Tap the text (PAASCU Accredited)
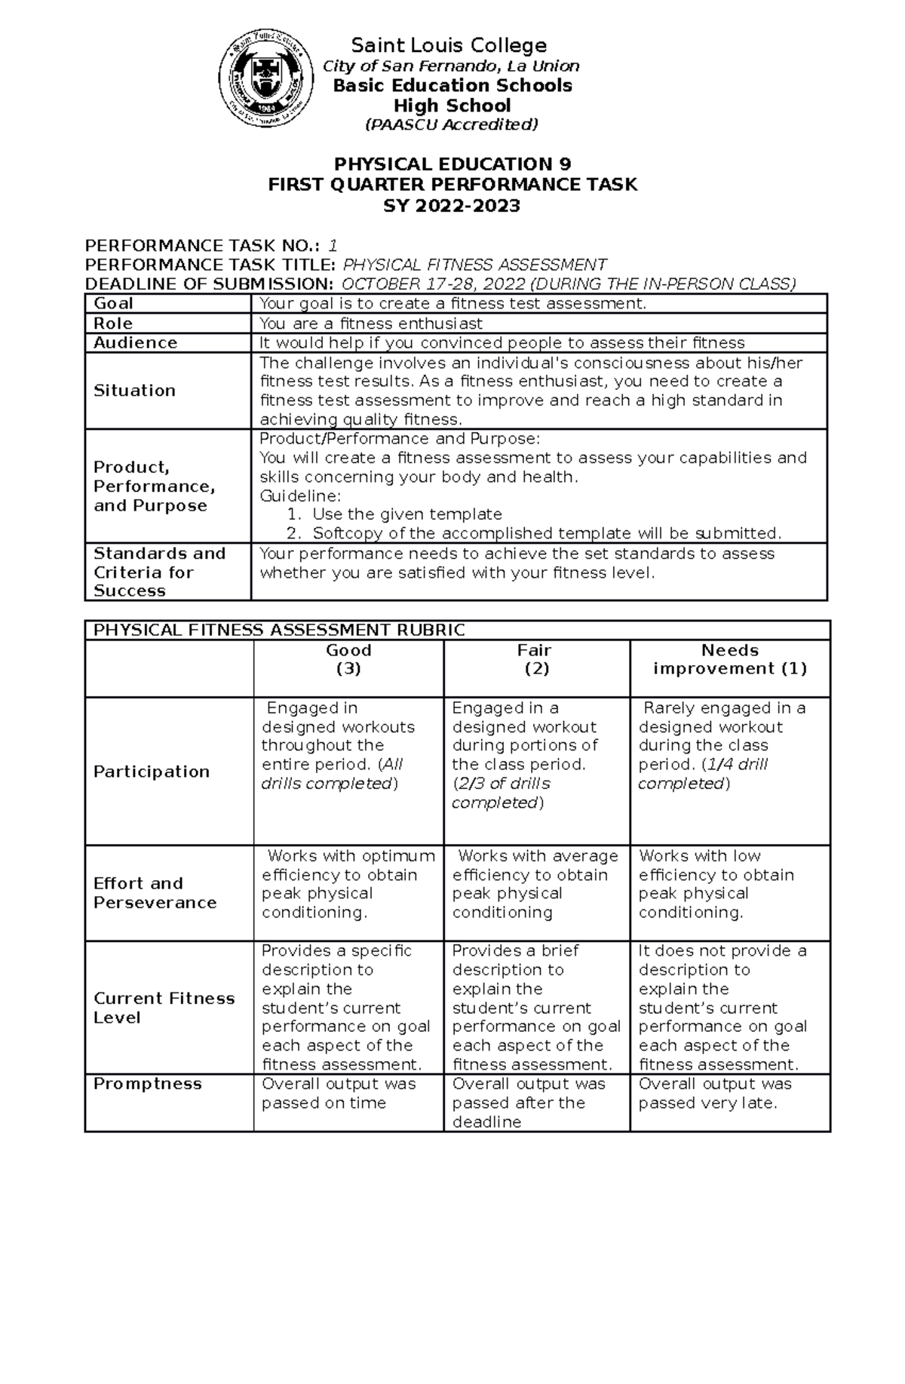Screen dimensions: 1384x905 coord(452,125)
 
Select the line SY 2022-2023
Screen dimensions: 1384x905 coord(452,205)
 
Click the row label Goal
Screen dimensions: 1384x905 coord(113,304)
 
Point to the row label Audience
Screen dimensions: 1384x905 coord(135,343)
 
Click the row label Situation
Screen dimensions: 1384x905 coord(134,391)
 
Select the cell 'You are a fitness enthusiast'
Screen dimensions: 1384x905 coord(370,324)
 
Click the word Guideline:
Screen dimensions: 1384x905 coord(300,496)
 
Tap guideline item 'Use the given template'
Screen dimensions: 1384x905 coord(406,514)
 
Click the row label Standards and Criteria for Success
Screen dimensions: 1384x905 coord(159,572)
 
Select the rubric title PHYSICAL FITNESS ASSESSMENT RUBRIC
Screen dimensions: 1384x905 coord(277,631)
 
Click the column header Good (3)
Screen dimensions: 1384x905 coord(348,659)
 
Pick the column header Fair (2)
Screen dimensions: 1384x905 coord(536,659)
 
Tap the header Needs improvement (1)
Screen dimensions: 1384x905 coord(729,659)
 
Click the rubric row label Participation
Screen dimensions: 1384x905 coord(152,772)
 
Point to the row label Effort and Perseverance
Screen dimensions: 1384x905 coord(155,893)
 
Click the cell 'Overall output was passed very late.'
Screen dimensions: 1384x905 coord(714,1094)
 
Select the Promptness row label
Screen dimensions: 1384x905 coord(148,1084)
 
